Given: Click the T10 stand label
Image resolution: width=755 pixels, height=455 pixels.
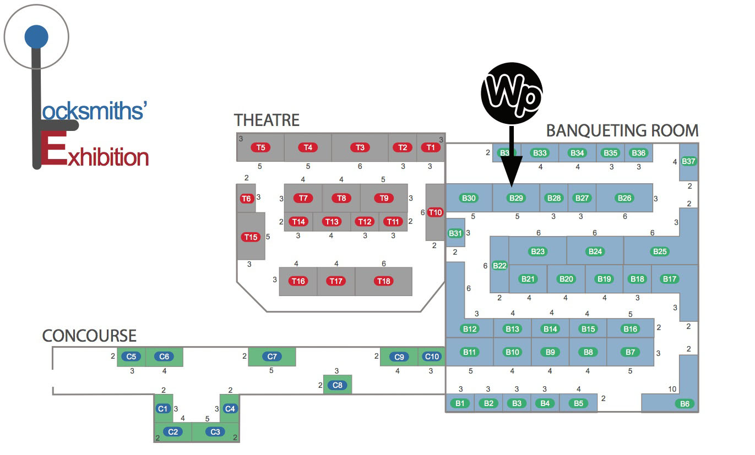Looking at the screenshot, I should pos(435,212).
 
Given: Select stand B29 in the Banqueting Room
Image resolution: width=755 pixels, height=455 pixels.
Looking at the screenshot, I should pos(517,198).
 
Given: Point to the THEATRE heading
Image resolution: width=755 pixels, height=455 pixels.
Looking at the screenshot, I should pos(267,120).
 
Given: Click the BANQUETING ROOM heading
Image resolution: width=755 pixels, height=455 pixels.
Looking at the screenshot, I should pos(622,131).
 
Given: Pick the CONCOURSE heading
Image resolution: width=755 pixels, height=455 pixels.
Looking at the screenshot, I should pos(89,336).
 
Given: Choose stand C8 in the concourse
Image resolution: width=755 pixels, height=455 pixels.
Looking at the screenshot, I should pos(338,385).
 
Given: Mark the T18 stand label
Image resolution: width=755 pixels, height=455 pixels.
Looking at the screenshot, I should pos(383,281).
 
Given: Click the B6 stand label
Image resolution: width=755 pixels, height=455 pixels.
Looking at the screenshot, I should pos(685,404).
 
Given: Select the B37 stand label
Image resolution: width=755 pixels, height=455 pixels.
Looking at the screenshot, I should pos(689,161).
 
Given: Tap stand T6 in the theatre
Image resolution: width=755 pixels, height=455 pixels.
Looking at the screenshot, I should pos(246,198).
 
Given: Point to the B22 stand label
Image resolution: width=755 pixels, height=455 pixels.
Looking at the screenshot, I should pos(499,266).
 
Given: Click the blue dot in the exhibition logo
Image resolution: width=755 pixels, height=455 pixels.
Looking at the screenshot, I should pos(36,37).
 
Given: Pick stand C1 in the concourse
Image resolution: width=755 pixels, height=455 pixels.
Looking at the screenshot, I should pos(162,409).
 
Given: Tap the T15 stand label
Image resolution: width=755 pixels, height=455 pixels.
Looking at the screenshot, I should pos(251,237).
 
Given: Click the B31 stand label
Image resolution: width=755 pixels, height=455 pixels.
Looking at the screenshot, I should pos(455,233).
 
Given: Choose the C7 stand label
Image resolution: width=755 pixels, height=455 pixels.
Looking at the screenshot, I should pos(272,357).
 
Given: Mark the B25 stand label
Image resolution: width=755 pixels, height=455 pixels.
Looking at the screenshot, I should pos(660,251).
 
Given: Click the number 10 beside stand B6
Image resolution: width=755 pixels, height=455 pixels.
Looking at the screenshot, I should pos(672,390).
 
